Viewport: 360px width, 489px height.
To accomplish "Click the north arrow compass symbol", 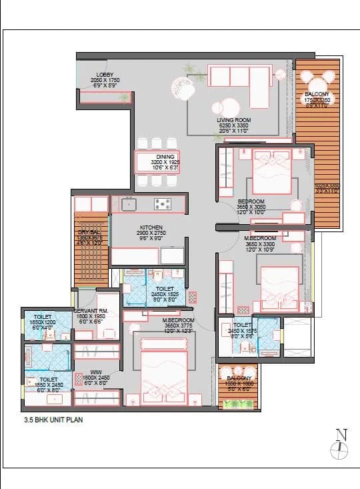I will pyautogui.click(x=341, y=444).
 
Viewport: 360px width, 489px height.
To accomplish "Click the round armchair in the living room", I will pyautogui.click(x=183, y=87).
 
